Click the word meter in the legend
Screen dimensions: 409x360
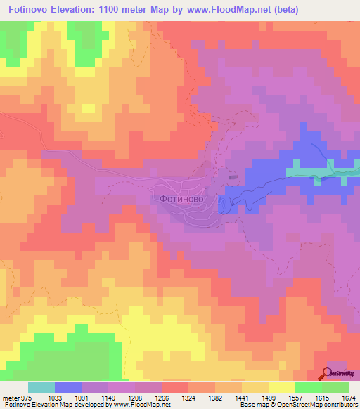tap(10, 398)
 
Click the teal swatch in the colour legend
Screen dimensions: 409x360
tap(41, 387)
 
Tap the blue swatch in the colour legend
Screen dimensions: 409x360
tap(68, 387)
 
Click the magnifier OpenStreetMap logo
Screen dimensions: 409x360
tap(328, 372)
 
